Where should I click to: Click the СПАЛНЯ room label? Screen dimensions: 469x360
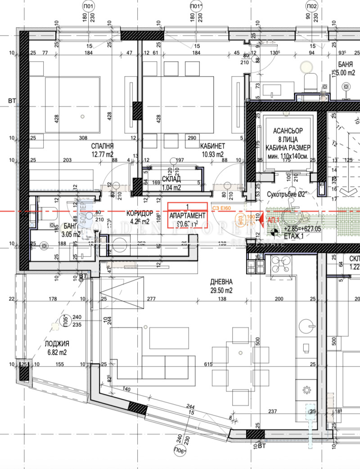point(102,146)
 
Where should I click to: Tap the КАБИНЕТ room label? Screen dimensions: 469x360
point(212,146)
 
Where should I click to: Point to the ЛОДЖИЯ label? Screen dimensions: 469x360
point(57,345)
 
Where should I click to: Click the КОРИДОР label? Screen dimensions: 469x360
point(140,213)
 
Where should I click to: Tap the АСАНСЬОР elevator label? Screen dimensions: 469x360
point(289,131)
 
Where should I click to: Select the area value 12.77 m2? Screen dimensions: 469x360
point(102,154)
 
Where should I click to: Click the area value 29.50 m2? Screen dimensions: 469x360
point(221,290)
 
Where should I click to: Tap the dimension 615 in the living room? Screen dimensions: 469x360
point(208,364)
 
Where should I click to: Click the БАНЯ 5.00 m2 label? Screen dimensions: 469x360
point(346,68)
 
